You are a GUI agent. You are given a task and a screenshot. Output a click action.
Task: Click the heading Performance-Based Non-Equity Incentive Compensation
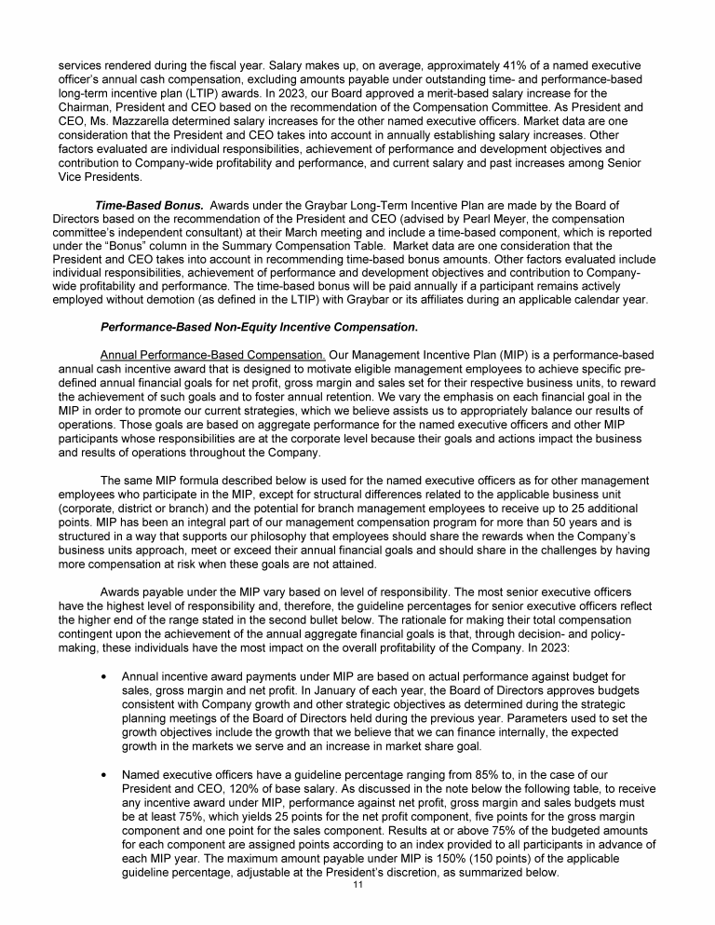259,329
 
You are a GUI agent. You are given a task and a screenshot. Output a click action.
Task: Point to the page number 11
357,884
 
